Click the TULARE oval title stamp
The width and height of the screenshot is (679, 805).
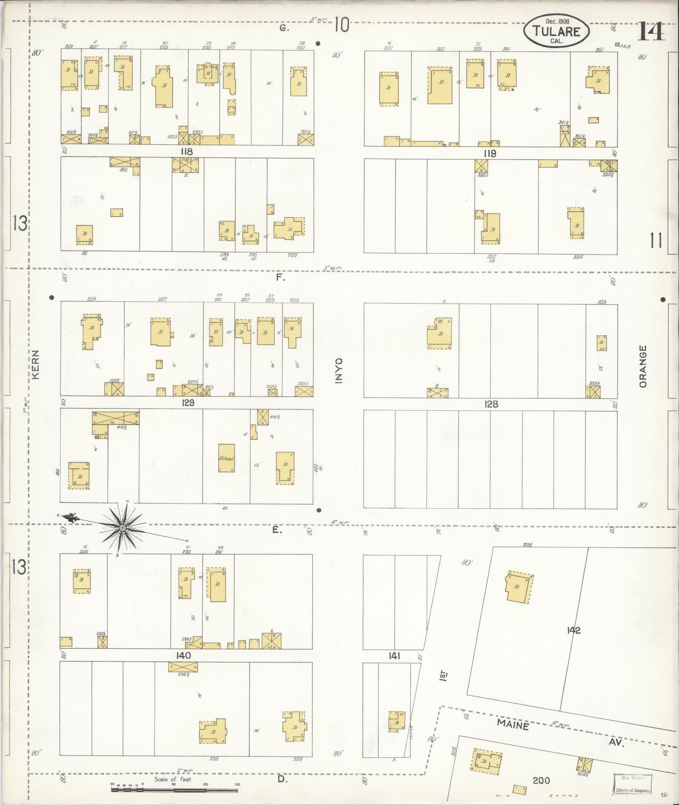[x=556, y=32]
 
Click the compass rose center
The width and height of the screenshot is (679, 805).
[x=122, y=527]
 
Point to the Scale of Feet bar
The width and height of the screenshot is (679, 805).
[x=174, y=790]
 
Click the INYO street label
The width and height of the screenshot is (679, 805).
[x=339, y=370]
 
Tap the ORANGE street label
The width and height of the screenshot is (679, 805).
[x=642, y=366]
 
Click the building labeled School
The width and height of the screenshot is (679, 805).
[x=226, y=458]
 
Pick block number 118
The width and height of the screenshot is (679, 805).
[x=186, y=151]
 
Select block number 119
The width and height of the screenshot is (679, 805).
[x=490, y=153]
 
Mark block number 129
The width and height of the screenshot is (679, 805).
[x=188, y=403]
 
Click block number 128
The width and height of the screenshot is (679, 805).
[x=491, y=404]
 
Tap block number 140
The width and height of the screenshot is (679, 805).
[x=184, y=656]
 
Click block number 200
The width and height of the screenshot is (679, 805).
[x=541, y=781]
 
